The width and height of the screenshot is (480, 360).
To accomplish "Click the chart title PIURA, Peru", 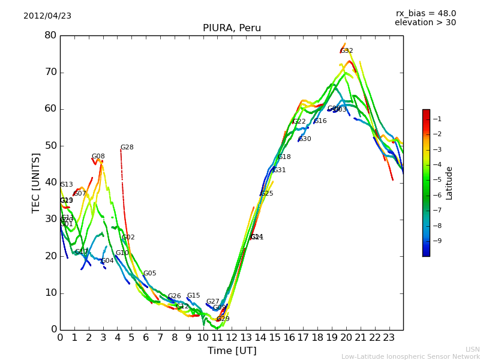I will [x=232, y=28].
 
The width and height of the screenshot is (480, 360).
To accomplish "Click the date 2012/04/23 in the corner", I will [x=47, y=16].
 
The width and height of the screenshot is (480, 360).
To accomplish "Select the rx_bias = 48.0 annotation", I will [x=425, y=13].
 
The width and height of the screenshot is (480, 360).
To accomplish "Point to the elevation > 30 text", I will [x=425, y=23].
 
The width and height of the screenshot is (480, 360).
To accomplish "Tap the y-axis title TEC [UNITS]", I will [x=36, y=182].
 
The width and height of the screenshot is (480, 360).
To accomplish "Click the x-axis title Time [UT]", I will [x=232, y=350].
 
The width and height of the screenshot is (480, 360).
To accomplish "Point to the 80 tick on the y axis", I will [x=50, y=35].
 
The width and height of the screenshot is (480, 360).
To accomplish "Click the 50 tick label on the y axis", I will [x=50, y=146].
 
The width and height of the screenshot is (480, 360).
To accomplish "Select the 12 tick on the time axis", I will [x=232, y=338].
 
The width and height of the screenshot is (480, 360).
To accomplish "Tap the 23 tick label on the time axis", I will [x=389, y=338].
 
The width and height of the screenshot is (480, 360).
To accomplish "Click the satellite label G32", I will [x=346, y=51].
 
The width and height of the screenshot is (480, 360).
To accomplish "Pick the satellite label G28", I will [x=127, y=148].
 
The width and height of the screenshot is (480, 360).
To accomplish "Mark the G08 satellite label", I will [x=98, y=157].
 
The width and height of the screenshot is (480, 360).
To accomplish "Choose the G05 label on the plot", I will [x=149, y=274].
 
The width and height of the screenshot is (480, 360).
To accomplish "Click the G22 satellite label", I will [x=299, y=122].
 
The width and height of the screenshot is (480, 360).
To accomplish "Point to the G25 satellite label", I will [x=266, y=194].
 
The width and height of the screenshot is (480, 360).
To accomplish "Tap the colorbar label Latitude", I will [x=449, y=182].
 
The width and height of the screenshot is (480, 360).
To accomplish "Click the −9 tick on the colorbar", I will [x=437, y=241].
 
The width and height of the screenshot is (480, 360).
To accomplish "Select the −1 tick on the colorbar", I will [x=437, y=119].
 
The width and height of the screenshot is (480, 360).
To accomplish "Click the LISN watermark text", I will [x=472, y=349].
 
